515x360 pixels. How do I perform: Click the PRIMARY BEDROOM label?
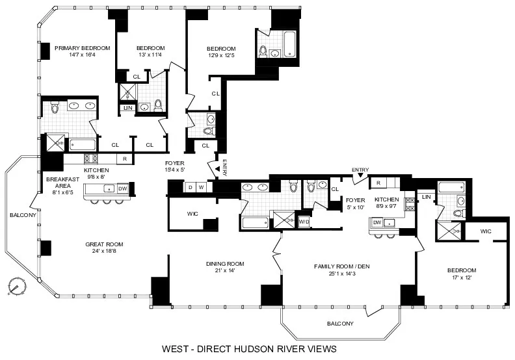(82, 48)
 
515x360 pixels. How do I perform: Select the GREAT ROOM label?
(104, 244)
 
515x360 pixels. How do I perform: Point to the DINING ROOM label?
(225, 263)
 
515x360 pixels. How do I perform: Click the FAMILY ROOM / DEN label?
(341, 266)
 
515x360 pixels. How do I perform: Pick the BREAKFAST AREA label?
(62, 183)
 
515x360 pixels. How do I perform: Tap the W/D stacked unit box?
(304, 222)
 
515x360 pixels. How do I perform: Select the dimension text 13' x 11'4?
(150, 55)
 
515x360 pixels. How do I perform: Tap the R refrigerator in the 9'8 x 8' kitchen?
(124, 159)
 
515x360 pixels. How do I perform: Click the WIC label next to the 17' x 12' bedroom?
(486, 231)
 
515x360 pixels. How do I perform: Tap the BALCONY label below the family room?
(340, 324)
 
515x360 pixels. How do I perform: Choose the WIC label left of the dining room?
(192, 213)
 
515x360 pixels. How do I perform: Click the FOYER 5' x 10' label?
(355, 204)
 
